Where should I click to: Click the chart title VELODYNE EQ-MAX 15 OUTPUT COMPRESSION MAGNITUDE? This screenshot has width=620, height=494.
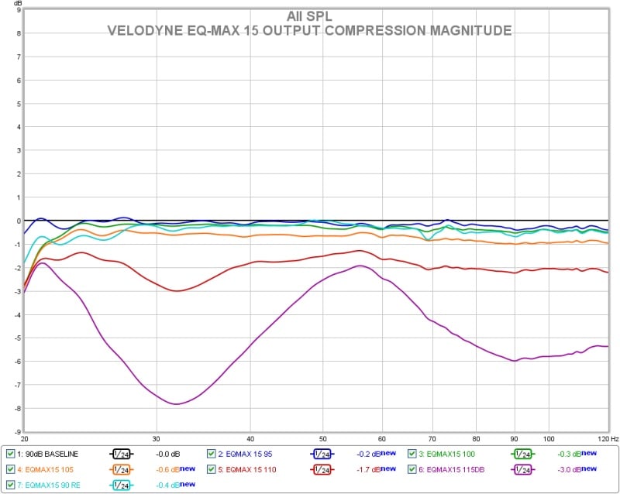point(309,31)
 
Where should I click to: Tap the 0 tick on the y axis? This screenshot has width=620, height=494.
point(18,221)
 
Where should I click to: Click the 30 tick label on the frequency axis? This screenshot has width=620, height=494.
point(157,437)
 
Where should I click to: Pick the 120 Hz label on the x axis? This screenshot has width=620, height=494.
point(596,437)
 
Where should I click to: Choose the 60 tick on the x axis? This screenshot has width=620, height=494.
point(382,437)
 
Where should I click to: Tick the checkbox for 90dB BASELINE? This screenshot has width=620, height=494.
point(10,454)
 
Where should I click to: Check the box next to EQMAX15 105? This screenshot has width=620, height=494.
point(10,469)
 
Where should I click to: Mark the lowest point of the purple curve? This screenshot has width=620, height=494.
point(177,404)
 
